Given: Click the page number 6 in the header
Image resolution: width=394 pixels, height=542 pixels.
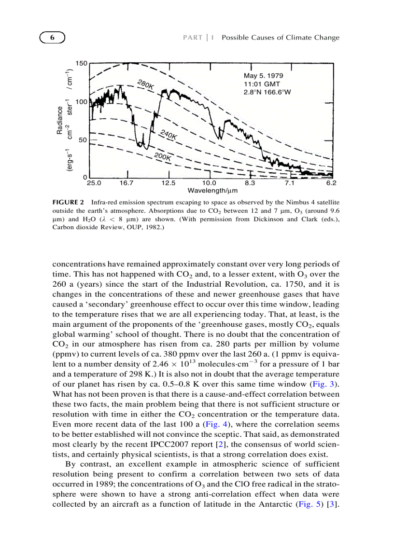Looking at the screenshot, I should click(x=52, y=38).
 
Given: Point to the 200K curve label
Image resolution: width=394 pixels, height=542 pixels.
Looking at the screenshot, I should click(x=163, y=156).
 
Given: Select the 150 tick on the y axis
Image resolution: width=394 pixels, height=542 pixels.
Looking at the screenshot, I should click(x=81, y=64).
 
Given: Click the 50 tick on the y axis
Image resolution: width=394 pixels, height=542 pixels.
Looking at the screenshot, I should click(x=83, y=140).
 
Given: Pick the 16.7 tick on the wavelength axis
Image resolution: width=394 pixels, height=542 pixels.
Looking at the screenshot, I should click(x=127, y=183).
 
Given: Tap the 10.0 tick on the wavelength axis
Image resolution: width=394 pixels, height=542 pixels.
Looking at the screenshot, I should click(x=209, y=183).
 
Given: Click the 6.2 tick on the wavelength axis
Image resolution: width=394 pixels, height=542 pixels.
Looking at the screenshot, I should click(x=331, y=183).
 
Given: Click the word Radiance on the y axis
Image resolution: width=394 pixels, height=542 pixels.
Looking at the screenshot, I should click(x=60, y=120).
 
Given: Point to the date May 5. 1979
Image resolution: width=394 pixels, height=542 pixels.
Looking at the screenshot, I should click(x=263, y=76).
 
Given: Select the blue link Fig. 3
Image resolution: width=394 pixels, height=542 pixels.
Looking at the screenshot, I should click(x=324, y=384).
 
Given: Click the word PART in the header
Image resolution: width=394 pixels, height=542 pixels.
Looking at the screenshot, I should click(x=192, y=38).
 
